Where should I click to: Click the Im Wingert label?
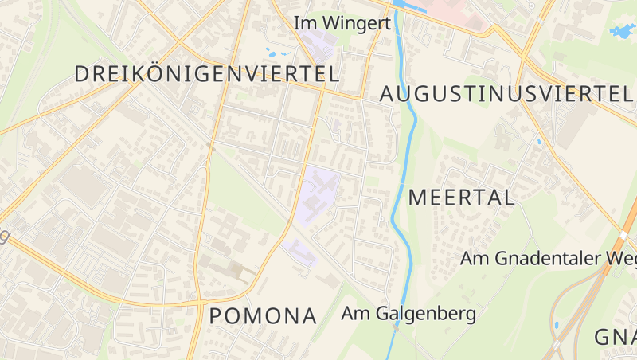(342, 23)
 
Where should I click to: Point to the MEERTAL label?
(462, 198)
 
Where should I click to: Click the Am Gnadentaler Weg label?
(548, 259)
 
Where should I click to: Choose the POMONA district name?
(263, 316)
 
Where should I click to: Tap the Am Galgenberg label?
(408, 313)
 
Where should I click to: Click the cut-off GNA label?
(616, 337)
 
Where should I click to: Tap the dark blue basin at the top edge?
(408, 4)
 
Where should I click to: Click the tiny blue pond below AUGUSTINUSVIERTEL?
(539, 142)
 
